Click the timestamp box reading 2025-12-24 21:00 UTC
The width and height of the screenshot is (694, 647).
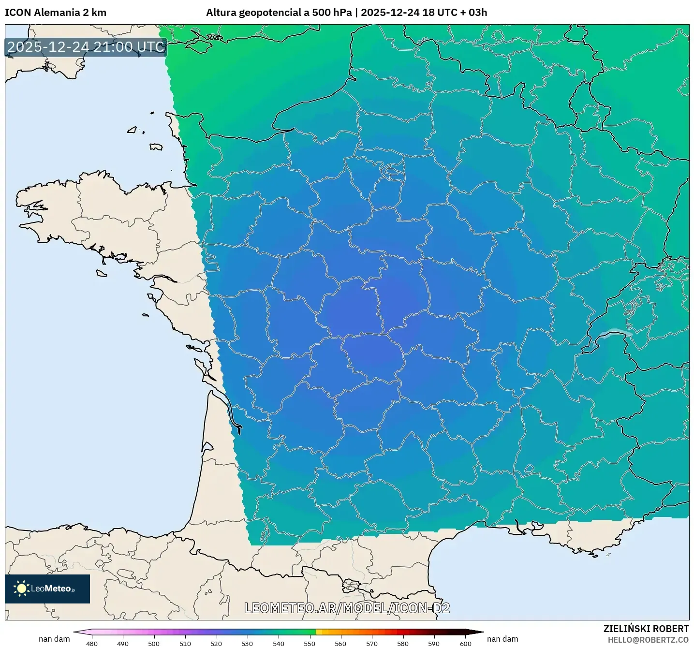[x=86, y=47]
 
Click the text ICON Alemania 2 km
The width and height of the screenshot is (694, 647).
[x=56, y=13]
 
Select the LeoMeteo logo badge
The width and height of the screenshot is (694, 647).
[x=47, y=588]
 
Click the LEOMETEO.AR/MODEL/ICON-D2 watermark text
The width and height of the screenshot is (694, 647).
[x=347, y=608]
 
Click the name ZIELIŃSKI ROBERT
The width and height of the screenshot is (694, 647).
[x=646, y=629]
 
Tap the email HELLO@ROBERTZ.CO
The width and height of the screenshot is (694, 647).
[x=648, y=640]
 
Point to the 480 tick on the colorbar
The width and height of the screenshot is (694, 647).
[x=92, y=643]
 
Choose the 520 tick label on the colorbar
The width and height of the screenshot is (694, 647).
[x=216, y=643]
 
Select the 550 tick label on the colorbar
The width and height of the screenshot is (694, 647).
[x=310, y=643]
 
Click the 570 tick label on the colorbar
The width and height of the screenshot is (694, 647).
[x=372, y=643]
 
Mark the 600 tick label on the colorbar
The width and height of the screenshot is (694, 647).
[x=465, y=643]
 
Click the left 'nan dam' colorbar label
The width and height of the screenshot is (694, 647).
[x=54, y=639]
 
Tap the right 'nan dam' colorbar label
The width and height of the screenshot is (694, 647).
[x=502, y=639]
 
